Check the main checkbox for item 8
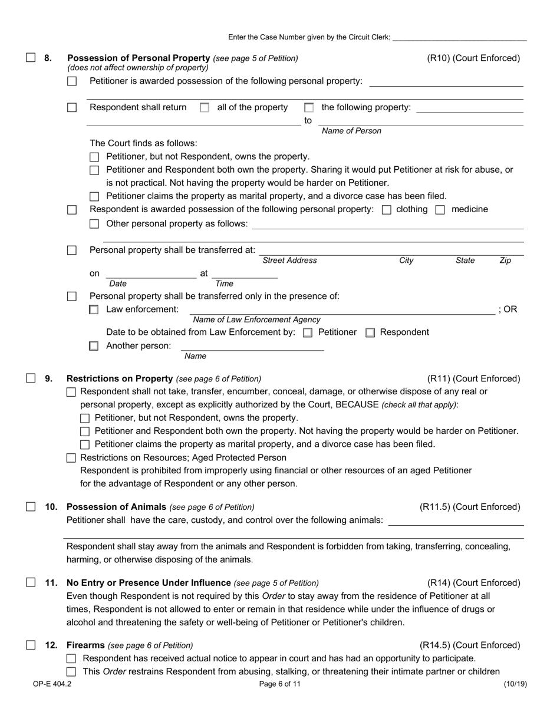31,58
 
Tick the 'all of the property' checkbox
205,108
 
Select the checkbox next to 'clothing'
387,210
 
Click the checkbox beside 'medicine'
440,210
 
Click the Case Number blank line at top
459,37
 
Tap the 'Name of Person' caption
351,131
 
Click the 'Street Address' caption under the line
289,261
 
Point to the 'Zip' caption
505,261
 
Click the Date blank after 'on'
151,274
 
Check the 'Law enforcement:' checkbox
94,309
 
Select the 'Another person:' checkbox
94,346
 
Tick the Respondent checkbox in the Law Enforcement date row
370,332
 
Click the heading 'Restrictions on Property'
120,378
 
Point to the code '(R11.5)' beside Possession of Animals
436,507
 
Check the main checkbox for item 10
31,507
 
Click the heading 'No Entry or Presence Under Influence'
149,583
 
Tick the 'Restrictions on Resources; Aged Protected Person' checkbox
71,458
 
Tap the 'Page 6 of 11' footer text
279,684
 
